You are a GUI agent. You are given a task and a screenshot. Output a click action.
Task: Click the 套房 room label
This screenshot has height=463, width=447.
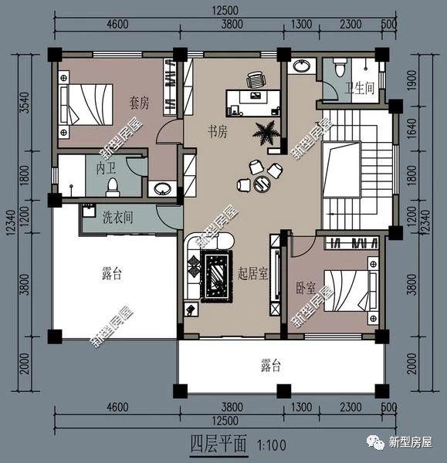click(139, 102)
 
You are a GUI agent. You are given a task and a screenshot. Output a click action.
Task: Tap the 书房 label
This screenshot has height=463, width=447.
click(218, 132)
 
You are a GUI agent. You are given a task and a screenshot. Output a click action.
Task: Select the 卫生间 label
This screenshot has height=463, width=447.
click(359, 89)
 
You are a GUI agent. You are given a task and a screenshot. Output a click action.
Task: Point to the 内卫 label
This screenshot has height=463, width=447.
click(107, 167)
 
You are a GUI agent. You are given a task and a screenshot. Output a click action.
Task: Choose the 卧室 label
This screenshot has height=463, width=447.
click(306, 287)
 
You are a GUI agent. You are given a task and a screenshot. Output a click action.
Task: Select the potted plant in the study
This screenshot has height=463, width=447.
click(267, 133)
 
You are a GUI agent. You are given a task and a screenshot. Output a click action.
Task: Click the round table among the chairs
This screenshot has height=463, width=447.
click(262, 183)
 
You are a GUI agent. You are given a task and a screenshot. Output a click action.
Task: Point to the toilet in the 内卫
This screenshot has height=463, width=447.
click(113, 186)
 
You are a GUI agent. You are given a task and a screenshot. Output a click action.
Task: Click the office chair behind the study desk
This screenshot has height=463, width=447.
click(256, 79)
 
